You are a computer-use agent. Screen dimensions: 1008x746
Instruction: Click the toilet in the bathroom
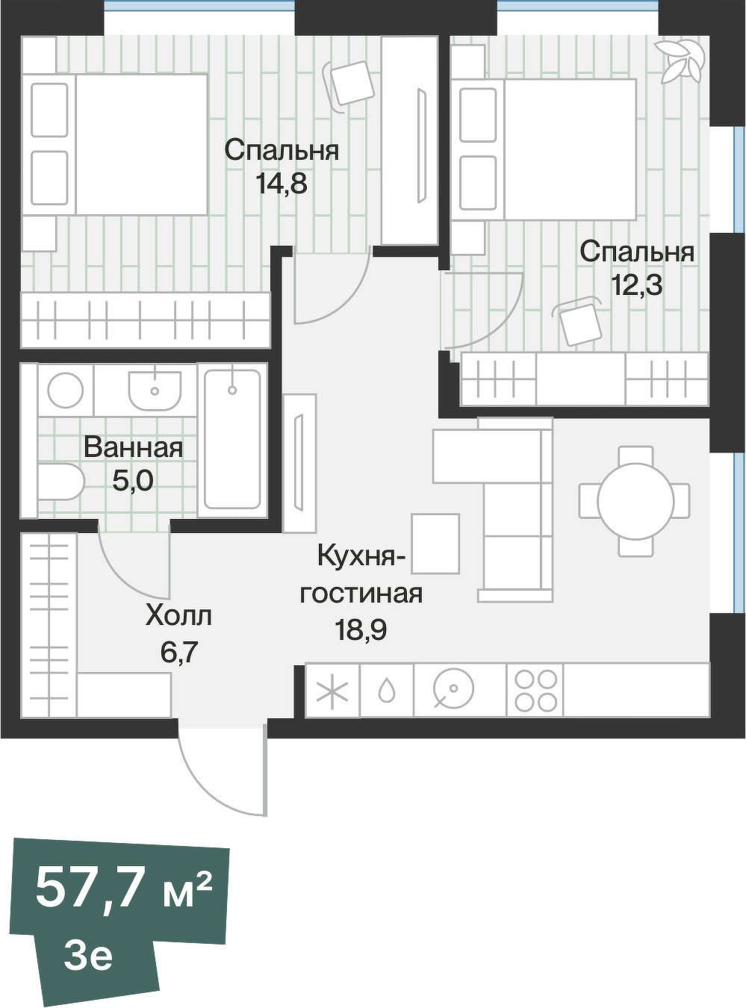60,482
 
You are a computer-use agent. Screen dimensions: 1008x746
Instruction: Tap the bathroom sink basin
155,388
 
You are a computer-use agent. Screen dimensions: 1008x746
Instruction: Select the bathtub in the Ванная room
232,439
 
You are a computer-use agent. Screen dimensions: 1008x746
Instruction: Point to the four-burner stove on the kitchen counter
535,691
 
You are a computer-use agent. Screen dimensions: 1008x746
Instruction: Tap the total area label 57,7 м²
124,889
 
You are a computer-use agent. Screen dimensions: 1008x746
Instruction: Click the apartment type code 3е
88,956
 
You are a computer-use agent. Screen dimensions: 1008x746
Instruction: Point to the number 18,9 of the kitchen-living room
361,631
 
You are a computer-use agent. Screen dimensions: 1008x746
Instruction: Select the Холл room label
178,616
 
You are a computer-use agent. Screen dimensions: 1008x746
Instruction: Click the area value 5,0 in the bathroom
133,481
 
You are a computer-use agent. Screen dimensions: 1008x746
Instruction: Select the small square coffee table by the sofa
435,543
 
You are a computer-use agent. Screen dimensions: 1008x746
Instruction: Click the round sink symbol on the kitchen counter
453,691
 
